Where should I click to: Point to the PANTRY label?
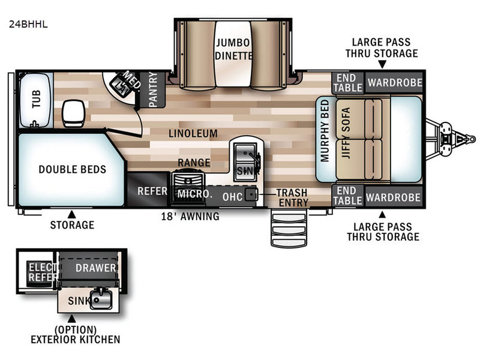click(152, 90)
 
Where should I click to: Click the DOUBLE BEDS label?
click(72, 169)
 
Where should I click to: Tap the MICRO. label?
click(194, 194)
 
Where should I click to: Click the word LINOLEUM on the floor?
click(193, 133)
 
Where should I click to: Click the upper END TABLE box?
click(347, 83)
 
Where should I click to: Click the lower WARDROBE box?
click(394, 197)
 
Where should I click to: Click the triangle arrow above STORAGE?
click(71, 214)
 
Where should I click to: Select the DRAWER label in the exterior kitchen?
click(94, 268)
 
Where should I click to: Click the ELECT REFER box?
click(43, 272)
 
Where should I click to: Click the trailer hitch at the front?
click(447, 136)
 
